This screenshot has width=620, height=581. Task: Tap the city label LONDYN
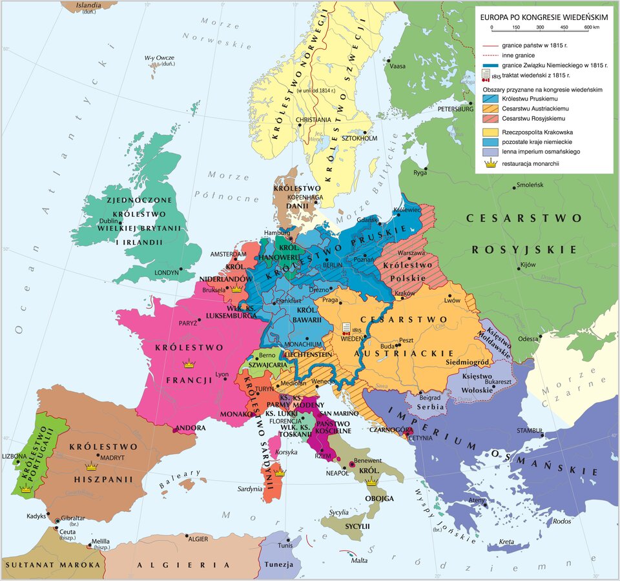point(166,273)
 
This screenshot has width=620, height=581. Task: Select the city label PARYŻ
point(188,322)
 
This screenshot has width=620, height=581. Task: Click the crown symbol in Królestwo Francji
point(189,364)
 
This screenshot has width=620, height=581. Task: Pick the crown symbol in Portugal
point(26,490)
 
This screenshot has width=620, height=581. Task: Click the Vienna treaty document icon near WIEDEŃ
point(347,327)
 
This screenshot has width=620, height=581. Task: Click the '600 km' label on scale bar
point(591,27)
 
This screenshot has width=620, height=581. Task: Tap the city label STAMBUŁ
point(527,431)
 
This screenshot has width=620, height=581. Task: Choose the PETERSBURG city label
point(456,109)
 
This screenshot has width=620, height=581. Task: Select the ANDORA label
point(192,427)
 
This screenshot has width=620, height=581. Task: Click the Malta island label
point(359,560)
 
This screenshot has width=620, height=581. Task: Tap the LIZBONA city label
point(15,456)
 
